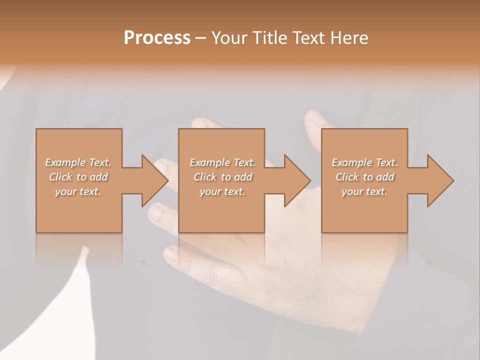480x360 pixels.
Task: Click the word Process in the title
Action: point(157,38)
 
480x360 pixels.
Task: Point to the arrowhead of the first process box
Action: point(155,180)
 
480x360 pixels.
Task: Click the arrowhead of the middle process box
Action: point(298,180)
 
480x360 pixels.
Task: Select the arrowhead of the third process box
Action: point(440,180)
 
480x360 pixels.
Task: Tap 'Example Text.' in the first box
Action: point(78,162)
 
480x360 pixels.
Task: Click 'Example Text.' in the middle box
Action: point(222,162)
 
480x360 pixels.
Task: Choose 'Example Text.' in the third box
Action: point(364,162)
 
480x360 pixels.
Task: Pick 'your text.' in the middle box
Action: point(222,191)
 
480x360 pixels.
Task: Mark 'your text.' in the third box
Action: point(364,191)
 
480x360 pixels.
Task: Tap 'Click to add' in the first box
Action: point(78,177)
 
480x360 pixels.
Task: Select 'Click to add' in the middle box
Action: point(222,177)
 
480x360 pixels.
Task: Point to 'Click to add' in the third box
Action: point(364,177)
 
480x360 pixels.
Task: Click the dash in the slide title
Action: point(200,38)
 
